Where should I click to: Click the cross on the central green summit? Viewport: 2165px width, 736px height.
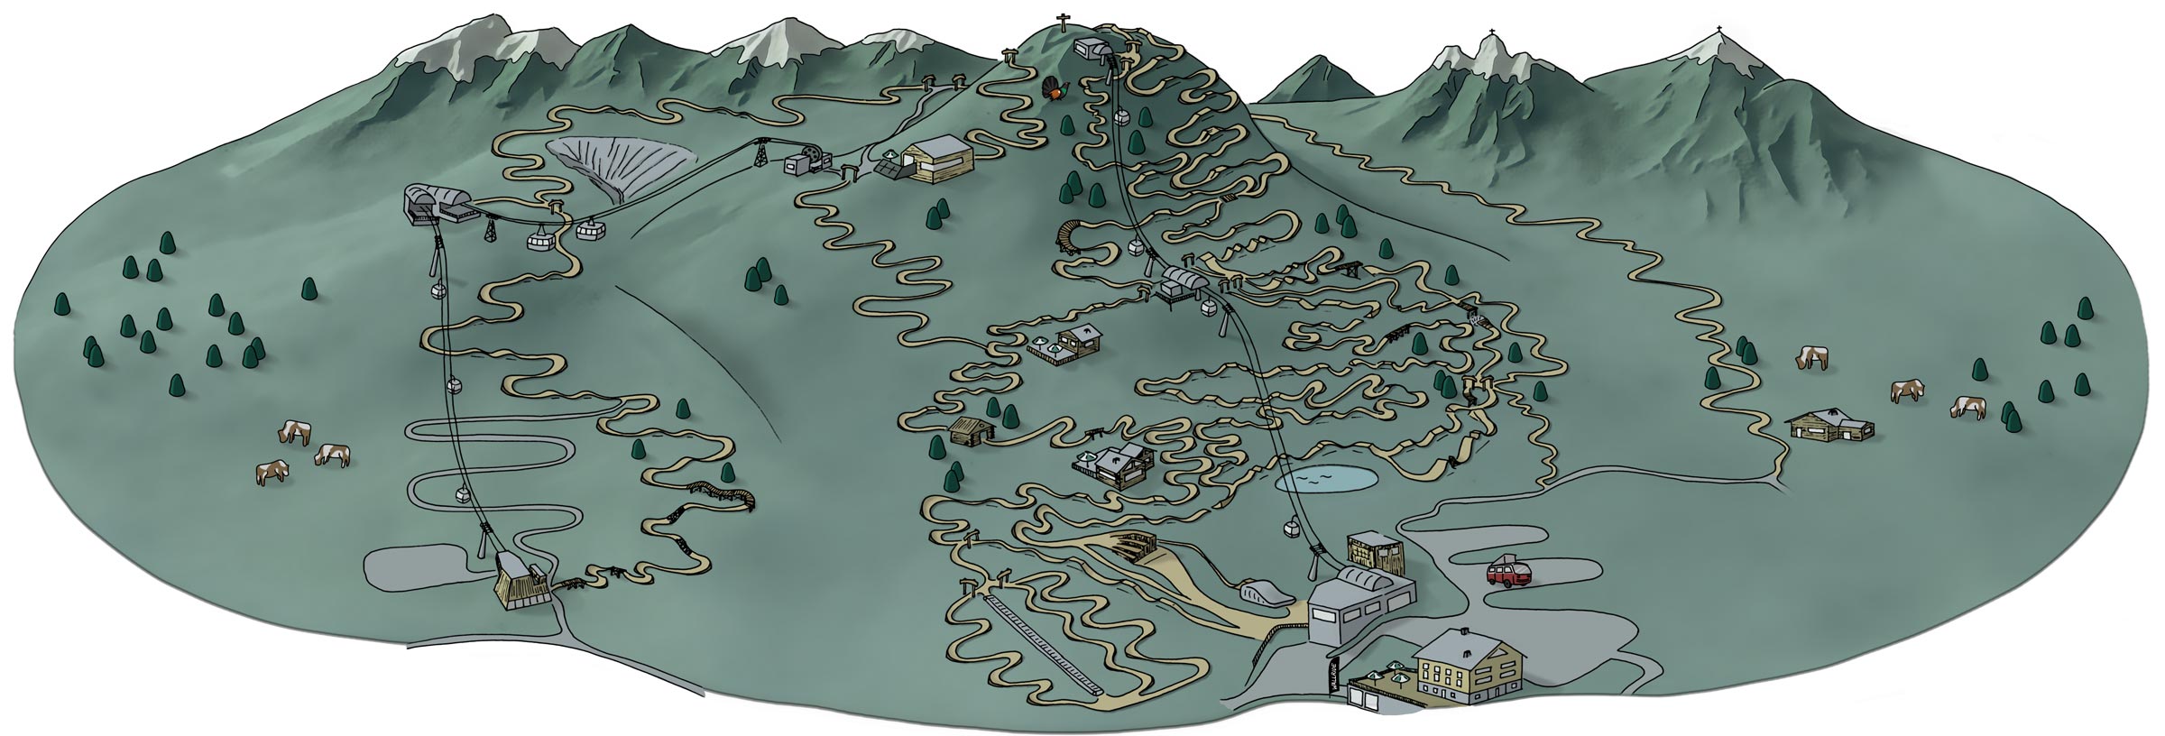(1061, 22)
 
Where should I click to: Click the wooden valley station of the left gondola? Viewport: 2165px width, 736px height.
(521, 583)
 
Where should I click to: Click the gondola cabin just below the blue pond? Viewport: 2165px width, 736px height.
(1293, 529)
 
